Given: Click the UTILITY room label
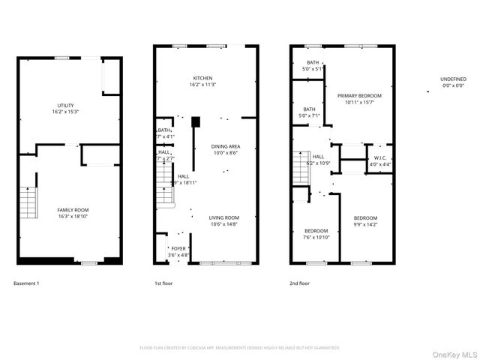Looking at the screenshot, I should click(66, 105).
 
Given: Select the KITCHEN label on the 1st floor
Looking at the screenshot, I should click(202, 78).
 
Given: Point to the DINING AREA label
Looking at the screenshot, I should click(225, 146).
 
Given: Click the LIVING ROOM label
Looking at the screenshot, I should click(223, 217).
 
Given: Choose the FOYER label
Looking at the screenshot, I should click(178, 248).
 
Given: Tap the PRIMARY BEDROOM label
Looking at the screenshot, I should click(359, 96).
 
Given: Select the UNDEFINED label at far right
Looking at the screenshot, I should click(453, 78).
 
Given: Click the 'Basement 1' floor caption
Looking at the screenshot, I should click(26, 283).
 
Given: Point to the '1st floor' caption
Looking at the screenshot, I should click(163, 283).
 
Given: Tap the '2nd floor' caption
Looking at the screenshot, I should click(299, 283).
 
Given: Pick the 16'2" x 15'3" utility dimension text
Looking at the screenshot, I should click(66, 112).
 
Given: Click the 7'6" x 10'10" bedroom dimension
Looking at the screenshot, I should click(316, 237).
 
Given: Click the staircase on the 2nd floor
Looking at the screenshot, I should click(299, 166).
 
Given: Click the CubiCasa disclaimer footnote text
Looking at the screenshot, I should click(240, 348).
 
